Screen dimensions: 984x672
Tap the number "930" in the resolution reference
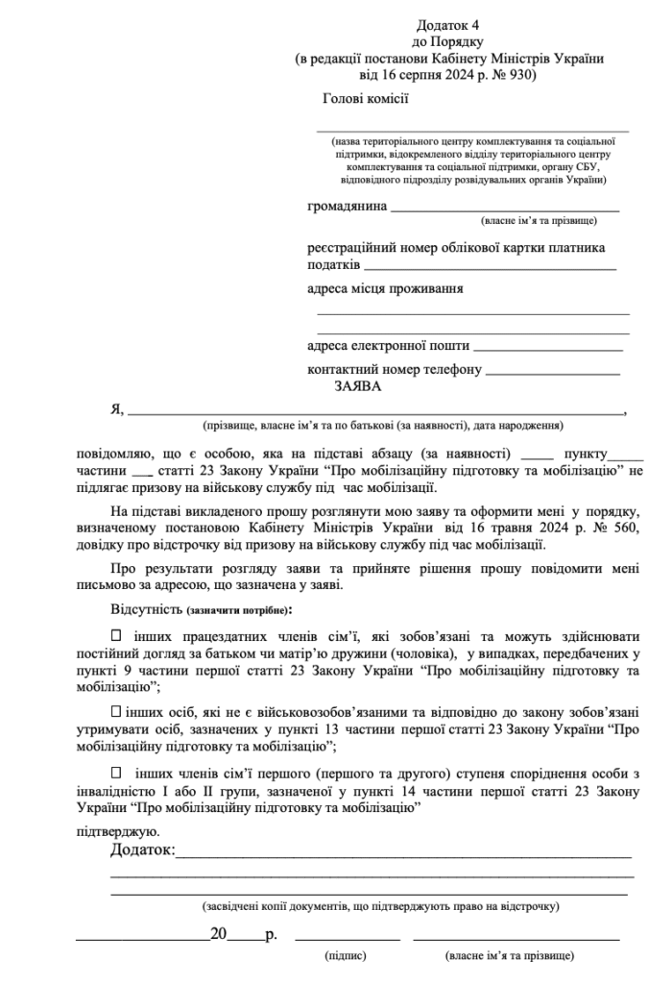click(519, 74)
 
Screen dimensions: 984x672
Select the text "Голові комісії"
click(366, 97)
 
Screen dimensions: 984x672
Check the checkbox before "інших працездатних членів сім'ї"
click(117, 635)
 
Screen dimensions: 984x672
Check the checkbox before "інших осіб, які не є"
click(117, 711)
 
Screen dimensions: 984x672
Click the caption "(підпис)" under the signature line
click(346, 957)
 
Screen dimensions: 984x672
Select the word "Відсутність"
click(147, 609)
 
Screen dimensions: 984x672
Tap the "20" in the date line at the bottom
click(219, 934)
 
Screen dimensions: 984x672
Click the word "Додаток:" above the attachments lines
click(142, 850)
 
